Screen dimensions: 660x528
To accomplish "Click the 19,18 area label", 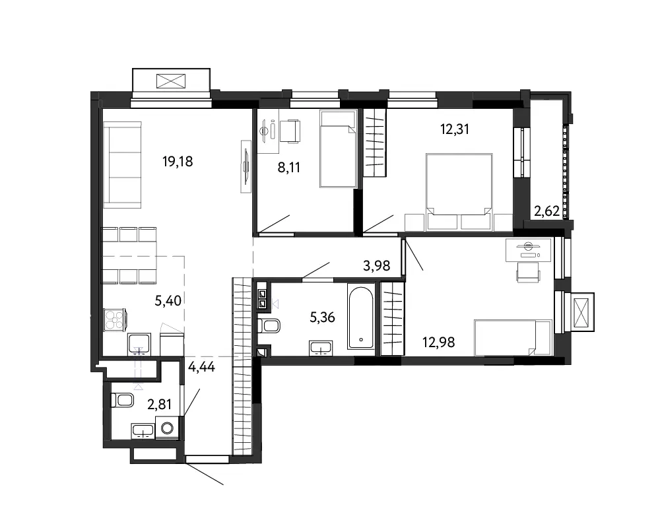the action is click(x=178, y=161).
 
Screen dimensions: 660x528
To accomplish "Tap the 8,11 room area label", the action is click(x=289, y=168).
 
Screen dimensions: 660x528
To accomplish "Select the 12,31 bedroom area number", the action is click(x=455, y=129).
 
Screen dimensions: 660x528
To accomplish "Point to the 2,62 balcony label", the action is click(x=546, y=211).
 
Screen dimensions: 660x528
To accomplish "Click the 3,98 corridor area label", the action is click(x=376, y=266).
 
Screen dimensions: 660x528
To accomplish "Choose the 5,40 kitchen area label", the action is click(x=168, y=301).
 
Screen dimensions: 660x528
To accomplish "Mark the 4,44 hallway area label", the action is click(x=201, y=367).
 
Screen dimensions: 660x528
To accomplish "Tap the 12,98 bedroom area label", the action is click(x=439, y=343).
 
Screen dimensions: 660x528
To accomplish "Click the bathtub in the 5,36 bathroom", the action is click(x=361, y=317).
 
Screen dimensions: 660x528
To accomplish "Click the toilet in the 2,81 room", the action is click(x=122, y=401).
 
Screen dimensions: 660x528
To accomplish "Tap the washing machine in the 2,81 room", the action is click(x=168, y=428).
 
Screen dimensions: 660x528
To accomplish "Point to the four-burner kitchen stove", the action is click(x=114, y=319).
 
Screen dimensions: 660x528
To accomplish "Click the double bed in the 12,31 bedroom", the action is click(x=459, y=193).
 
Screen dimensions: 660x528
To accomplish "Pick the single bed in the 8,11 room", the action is click(x=338, y=148).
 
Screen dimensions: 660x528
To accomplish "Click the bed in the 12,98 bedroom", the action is click(x=513, y=338).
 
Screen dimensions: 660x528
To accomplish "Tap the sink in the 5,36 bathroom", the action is click(x=321, y=348).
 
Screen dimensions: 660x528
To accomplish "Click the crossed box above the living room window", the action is click(x=171, y=81).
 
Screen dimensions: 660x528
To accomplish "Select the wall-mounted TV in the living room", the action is click(x=246, y=167).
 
